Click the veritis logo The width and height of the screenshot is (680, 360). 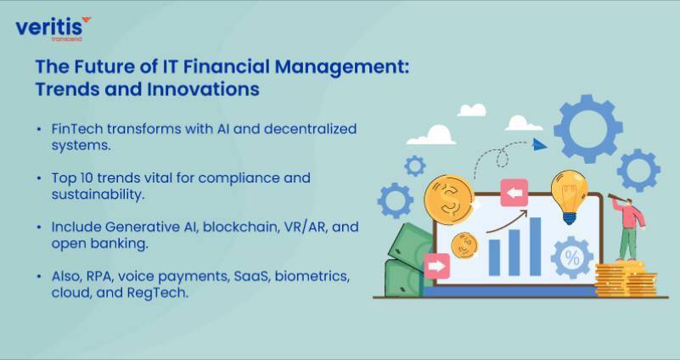pyautogui.click(x=53, y=29)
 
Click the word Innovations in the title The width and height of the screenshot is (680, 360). pyautogui.click(x=204, y=89)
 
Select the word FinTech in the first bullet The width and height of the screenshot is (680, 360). pyautogui.click(x=77, y=129)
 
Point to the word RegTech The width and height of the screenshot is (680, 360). pyautogui.click(x=158, y=293)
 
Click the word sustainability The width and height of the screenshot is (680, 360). pyautogui.click(x=98, y=194)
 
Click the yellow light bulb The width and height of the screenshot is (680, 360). pyautogui.click(x=569, y=196)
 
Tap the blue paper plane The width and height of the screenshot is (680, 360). pyautogui.click(x=539, y=144)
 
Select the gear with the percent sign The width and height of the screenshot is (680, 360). pyautogui.click(x=571, y=257)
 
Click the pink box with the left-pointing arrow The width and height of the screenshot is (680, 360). pyautogui.click(x=514, y=193)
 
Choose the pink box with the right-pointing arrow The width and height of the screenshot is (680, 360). pyautogui.click(x=436, y=266)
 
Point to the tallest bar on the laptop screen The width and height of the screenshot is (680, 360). pyautogui.click(x=535, y=246)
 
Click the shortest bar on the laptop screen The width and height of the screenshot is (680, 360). pyautogui.click(x=494, y=257)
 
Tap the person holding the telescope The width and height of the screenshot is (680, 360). pyautogui.click(x=629, y=228)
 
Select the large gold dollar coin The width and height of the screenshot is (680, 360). pyautogui.click(x=449, y=200)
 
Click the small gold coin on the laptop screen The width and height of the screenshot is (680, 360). pyautogui.click(x=464, y=245)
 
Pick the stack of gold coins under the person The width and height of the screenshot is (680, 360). pyautogui.click(x=626, y=278)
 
